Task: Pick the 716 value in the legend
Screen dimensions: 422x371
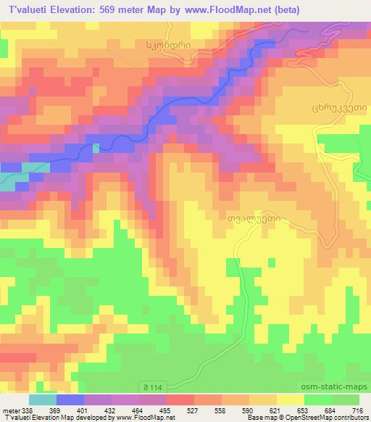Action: [357, 410]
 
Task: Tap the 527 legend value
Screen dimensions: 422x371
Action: [192, 410]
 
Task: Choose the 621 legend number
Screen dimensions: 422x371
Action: [275, 410]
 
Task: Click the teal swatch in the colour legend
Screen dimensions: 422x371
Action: [43, 400]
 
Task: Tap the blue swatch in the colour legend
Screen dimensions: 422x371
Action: [70, 400]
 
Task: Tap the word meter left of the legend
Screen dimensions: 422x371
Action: [10, 410]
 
